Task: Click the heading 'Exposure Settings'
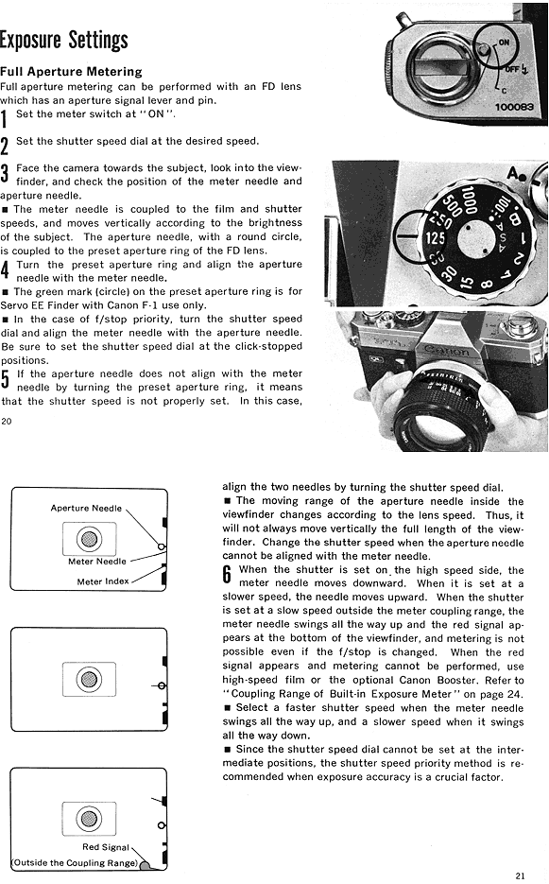click(63, 40)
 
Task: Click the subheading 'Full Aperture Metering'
click(71, 72)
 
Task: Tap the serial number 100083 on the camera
click(513, 107)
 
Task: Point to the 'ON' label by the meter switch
click(504, 43)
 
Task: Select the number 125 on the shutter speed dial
click(435, 238)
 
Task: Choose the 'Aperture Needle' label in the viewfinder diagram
click(86, 508)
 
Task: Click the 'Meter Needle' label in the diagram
click(97, 562)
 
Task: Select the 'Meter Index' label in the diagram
click(103, 581)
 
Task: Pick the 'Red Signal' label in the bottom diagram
click(106, 847)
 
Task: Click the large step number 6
click(227, 575)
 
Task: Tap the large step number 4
click(5, 269)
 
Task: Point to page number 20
click(7, 421)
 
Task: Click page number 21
click(521, 875)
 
